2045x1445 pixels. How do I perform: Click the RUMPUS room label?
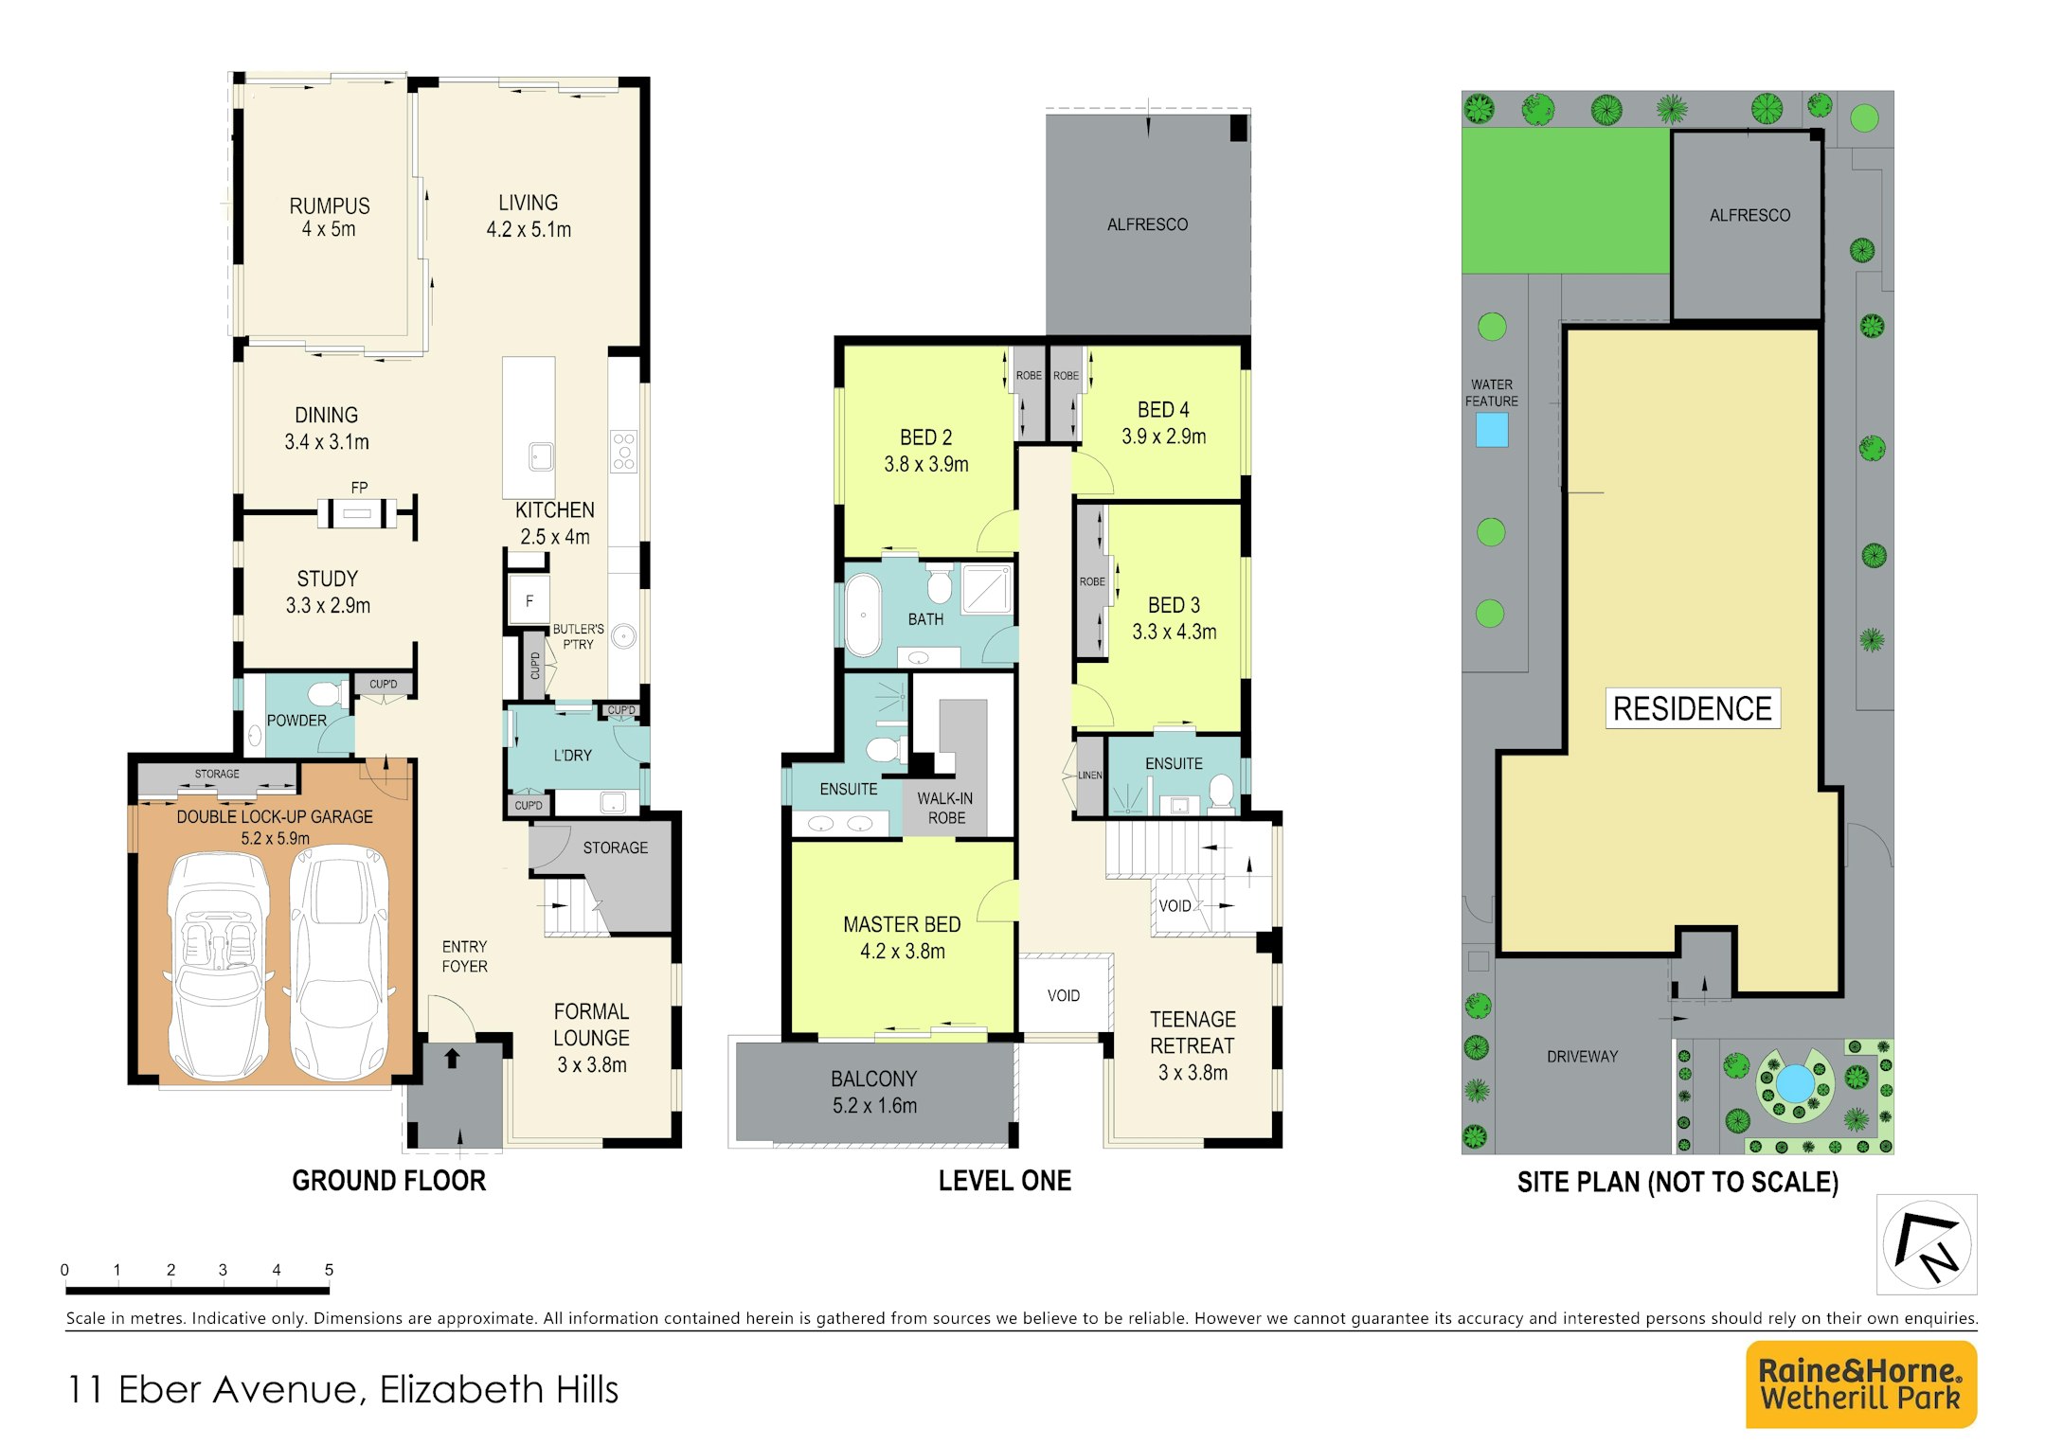[330, 217]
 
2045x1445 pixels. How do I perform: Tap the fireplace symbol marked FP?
[357, 512]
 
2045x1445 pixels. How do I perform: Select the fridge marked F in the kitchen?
[529, 600]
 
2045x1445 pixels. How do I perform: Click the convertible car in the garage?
[219, 965]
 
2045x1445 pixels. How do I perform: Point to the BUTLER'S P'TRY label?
[578, 636]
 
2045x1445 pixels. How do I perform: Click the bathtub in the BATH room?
[863, 614]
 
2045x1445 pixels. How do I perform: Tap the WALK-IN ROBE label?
[945, 808]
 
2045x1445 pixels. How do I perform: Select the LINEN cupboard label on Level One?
[1090, 775]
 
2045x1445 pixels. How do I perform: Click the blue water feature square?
[1492, 430]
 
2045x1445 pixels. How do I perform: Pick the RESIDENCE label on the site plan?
[1693, 708]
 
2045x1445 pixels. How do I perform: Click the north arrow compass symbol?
[1927, 1244]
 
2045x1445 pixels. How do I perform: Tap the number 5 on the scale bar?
[329, 1270]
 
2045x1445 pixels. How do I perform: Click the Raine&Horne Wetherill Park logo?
[1861, 1383]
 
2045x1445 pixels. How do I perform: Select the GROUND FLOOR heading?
[388, 1181]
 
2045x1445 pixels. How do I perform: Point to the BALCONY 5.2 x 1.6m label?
[874, 1092]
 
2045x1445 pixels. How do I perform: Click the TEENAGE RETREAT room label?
[1193, 1045]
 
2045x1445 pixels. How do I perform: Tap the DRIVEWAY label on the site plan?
[1582, 1057]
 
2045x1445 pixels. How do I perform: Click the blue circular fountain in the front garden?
[1794, 1083]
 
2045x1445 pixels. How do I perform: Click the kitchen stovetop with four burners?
[623, 451]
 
